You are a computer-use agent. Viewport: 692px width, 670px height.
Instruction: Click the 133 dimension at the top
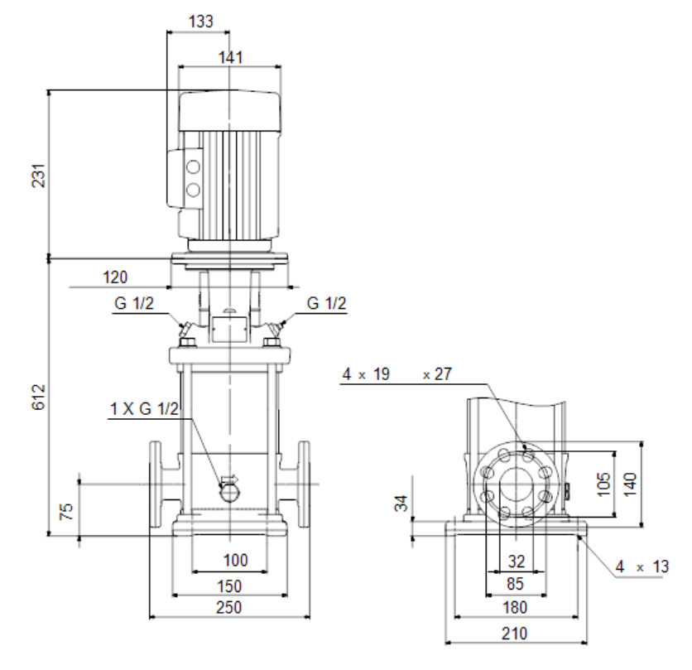pos(201,22)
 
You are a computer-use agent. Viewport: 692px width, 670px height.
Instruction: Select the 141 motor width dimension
pos(230,57)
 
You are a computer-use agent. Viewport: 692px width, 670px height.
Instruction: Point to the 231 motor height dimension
pos(39,176)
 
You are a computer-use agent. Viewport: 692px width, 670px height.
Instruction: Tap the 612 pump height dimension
pos(39,397)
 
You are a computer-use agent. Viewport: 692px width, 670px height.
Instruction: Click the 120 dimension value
pos(115,277)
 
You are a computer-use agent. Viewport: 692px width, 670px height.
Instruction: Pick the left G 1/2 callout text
pos(134,303)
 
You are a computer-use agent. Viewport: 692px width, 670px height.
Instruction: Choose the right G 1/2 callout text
pos(327,303)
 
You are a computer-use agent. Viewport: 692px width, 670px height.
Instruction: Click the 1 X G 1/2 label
pos(144,409)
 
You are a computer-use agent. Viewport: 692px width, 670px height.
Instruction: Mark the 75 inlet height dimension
pos(66,512)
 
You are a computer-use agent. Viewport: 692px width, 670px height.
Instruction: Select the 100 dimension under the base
pos(235,561)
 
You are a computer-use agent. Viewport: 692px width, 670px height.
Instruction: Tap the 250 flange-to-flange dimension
pos(229,608)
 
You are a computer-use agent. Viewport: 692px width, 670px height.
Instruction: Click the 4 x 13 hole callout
pos(642,566)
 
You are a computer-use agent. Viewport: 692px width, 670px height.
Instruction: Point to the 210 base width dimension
pos(515,634)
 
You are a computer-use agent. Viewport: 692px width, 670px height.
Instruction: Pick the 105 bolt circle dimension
pos(603,484)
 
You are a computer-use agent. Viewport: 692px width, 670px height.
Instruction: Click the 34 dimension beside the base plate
pos(401,503)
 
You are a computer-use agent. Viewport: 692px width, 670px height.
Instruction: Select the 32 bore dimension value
pos(517,562)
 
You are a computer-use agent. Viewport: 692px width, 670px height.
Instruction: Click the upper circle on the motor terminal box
pos(193,167)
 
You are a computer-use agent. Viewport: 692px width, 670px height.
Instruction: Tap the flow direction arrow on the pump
pos(229,480)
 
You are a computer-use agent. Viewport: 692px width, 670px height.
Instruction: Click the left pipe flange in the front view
pos(155,484)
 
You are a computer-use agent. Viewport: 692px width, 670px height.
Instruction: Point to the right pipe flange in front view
pos(304,484)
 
